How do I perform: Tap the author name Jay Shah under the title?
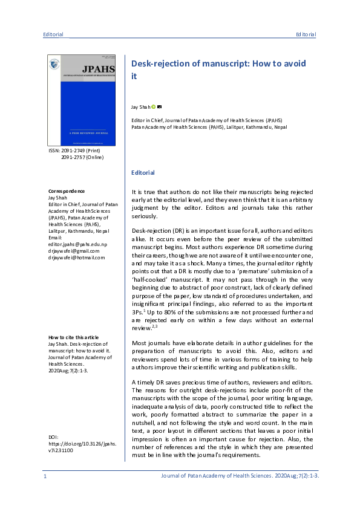click(x=140, y=106)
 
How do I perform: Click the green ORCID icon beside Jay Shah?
click(x=154, y=106)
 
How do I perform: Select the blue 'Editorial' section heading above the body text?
click(x=143, y=173)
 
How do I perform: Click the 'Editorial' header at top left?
click(x=53, y=34)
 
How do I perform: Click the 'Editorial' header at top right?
click(x=306, y=34)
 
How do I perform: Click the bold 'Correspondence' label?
click(x=66, y=191)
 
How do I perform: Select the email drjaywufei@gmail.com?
click(x=76, y=250)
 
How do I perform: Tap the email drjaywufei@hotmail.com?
click(x=76, y=257)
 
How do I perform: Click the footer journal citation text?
click(x=239, y=476)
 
